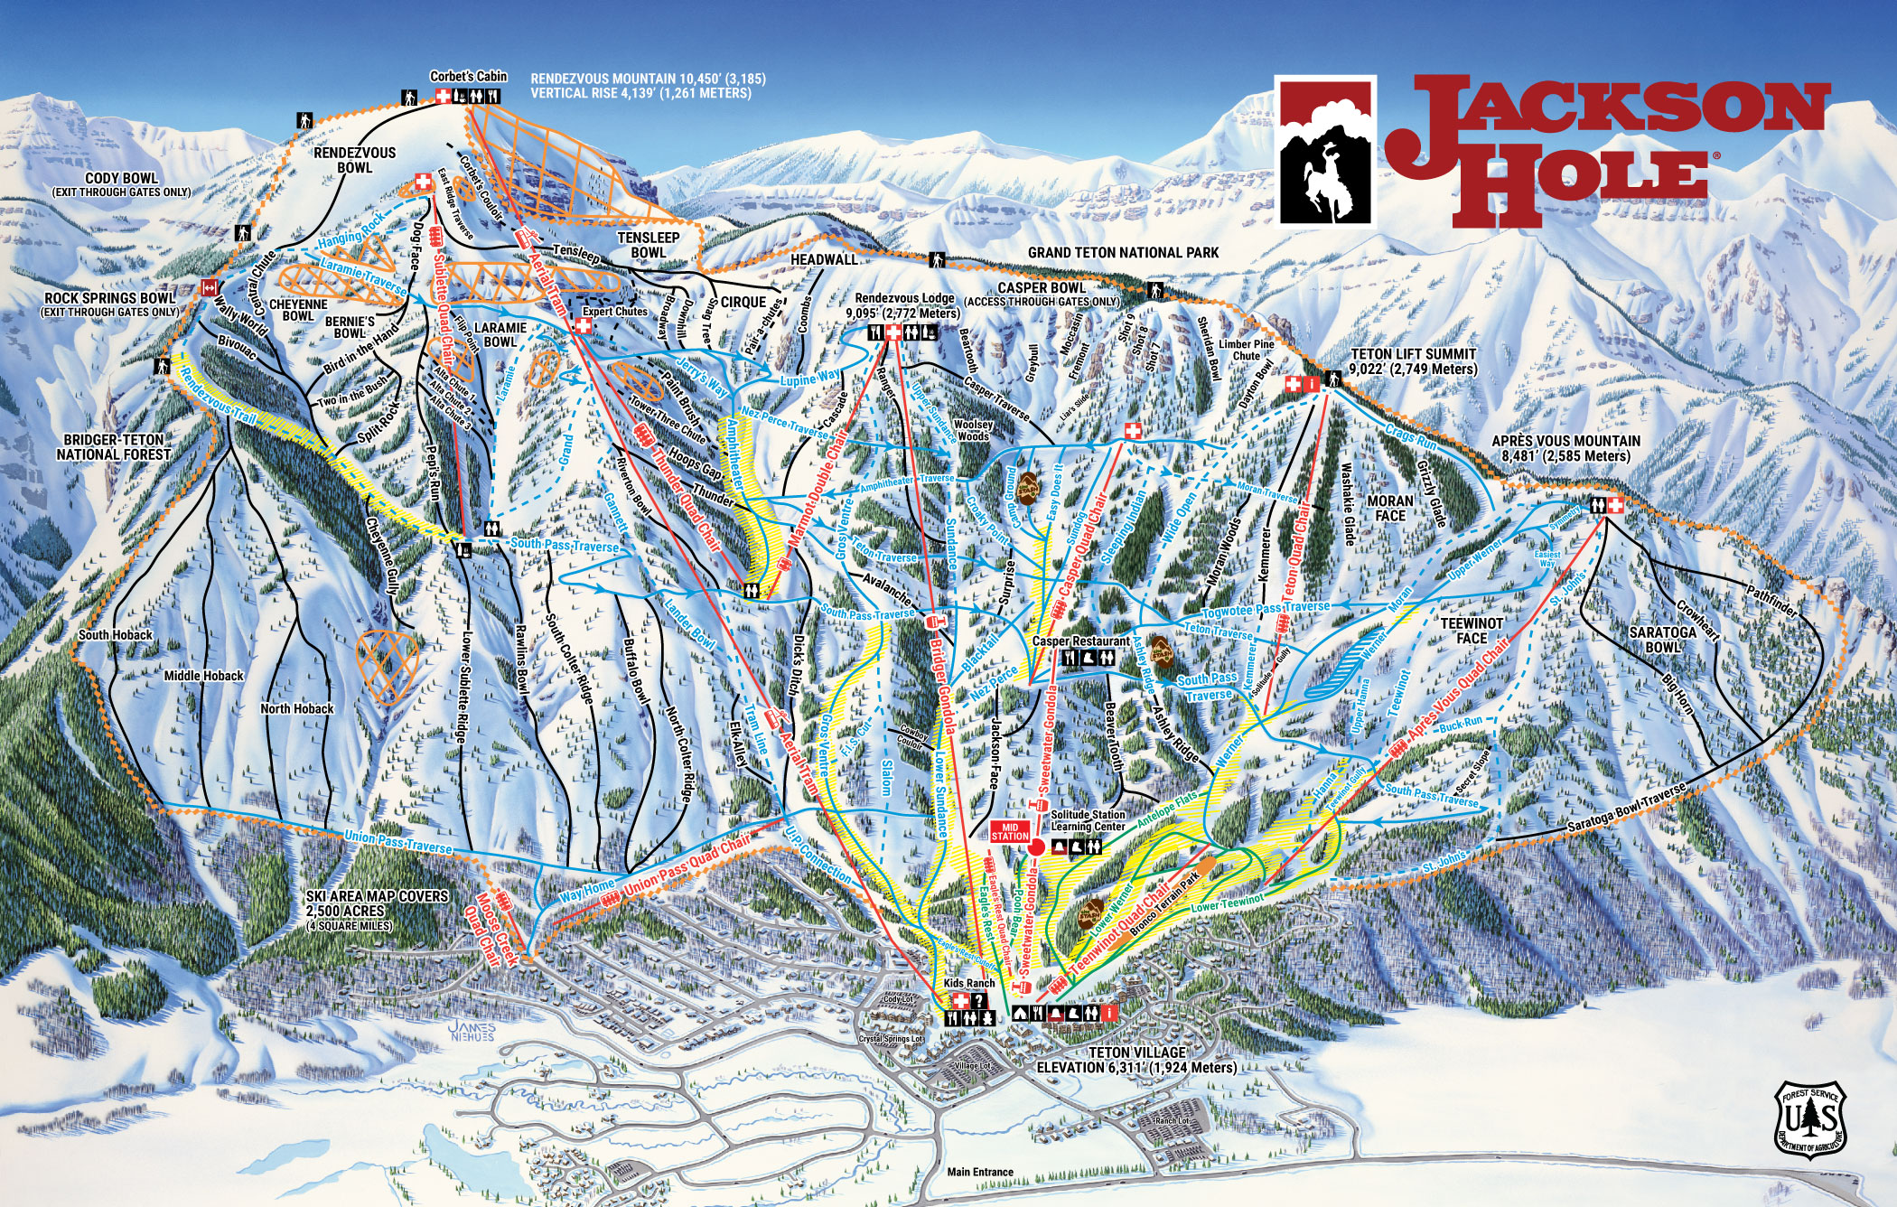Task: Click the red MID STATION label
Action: pos(1010,831)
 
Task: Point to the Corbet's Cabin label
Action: pos(468,77)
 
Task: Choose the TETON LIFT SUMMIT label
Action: pos(1413,361)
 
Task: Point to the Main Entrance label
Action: pos(980,1172)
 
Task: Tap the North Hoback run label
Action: pos(297,708)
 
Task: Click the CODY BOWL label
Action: pos(121,179)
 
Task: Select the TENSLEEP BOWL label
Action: pos(648,245)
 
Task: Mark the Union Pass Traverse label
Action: pos(397,842)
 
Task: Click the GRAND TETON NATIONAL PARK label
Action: pos(1123,253)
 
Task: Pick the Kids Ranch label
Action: pos(968,983)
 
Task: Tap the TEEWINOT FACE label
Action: pos(1472,631)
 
